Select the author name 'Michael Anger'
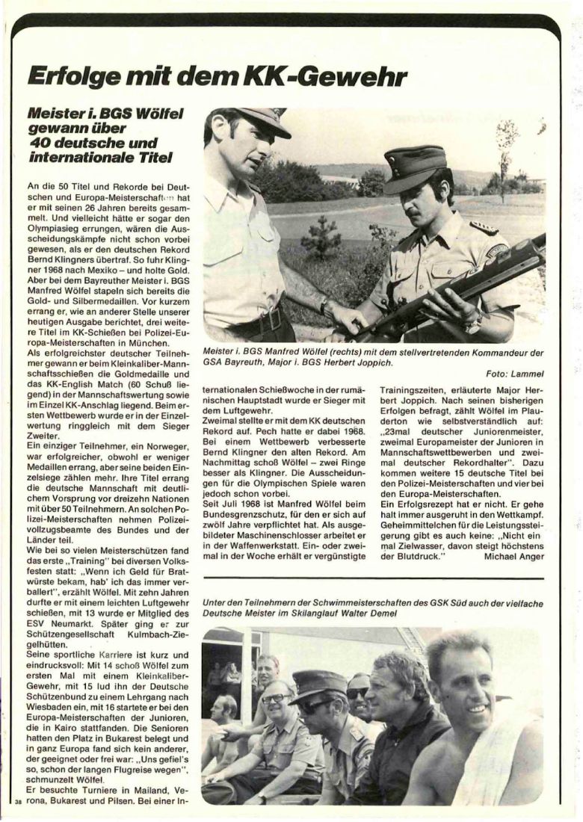coord(516,556)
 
